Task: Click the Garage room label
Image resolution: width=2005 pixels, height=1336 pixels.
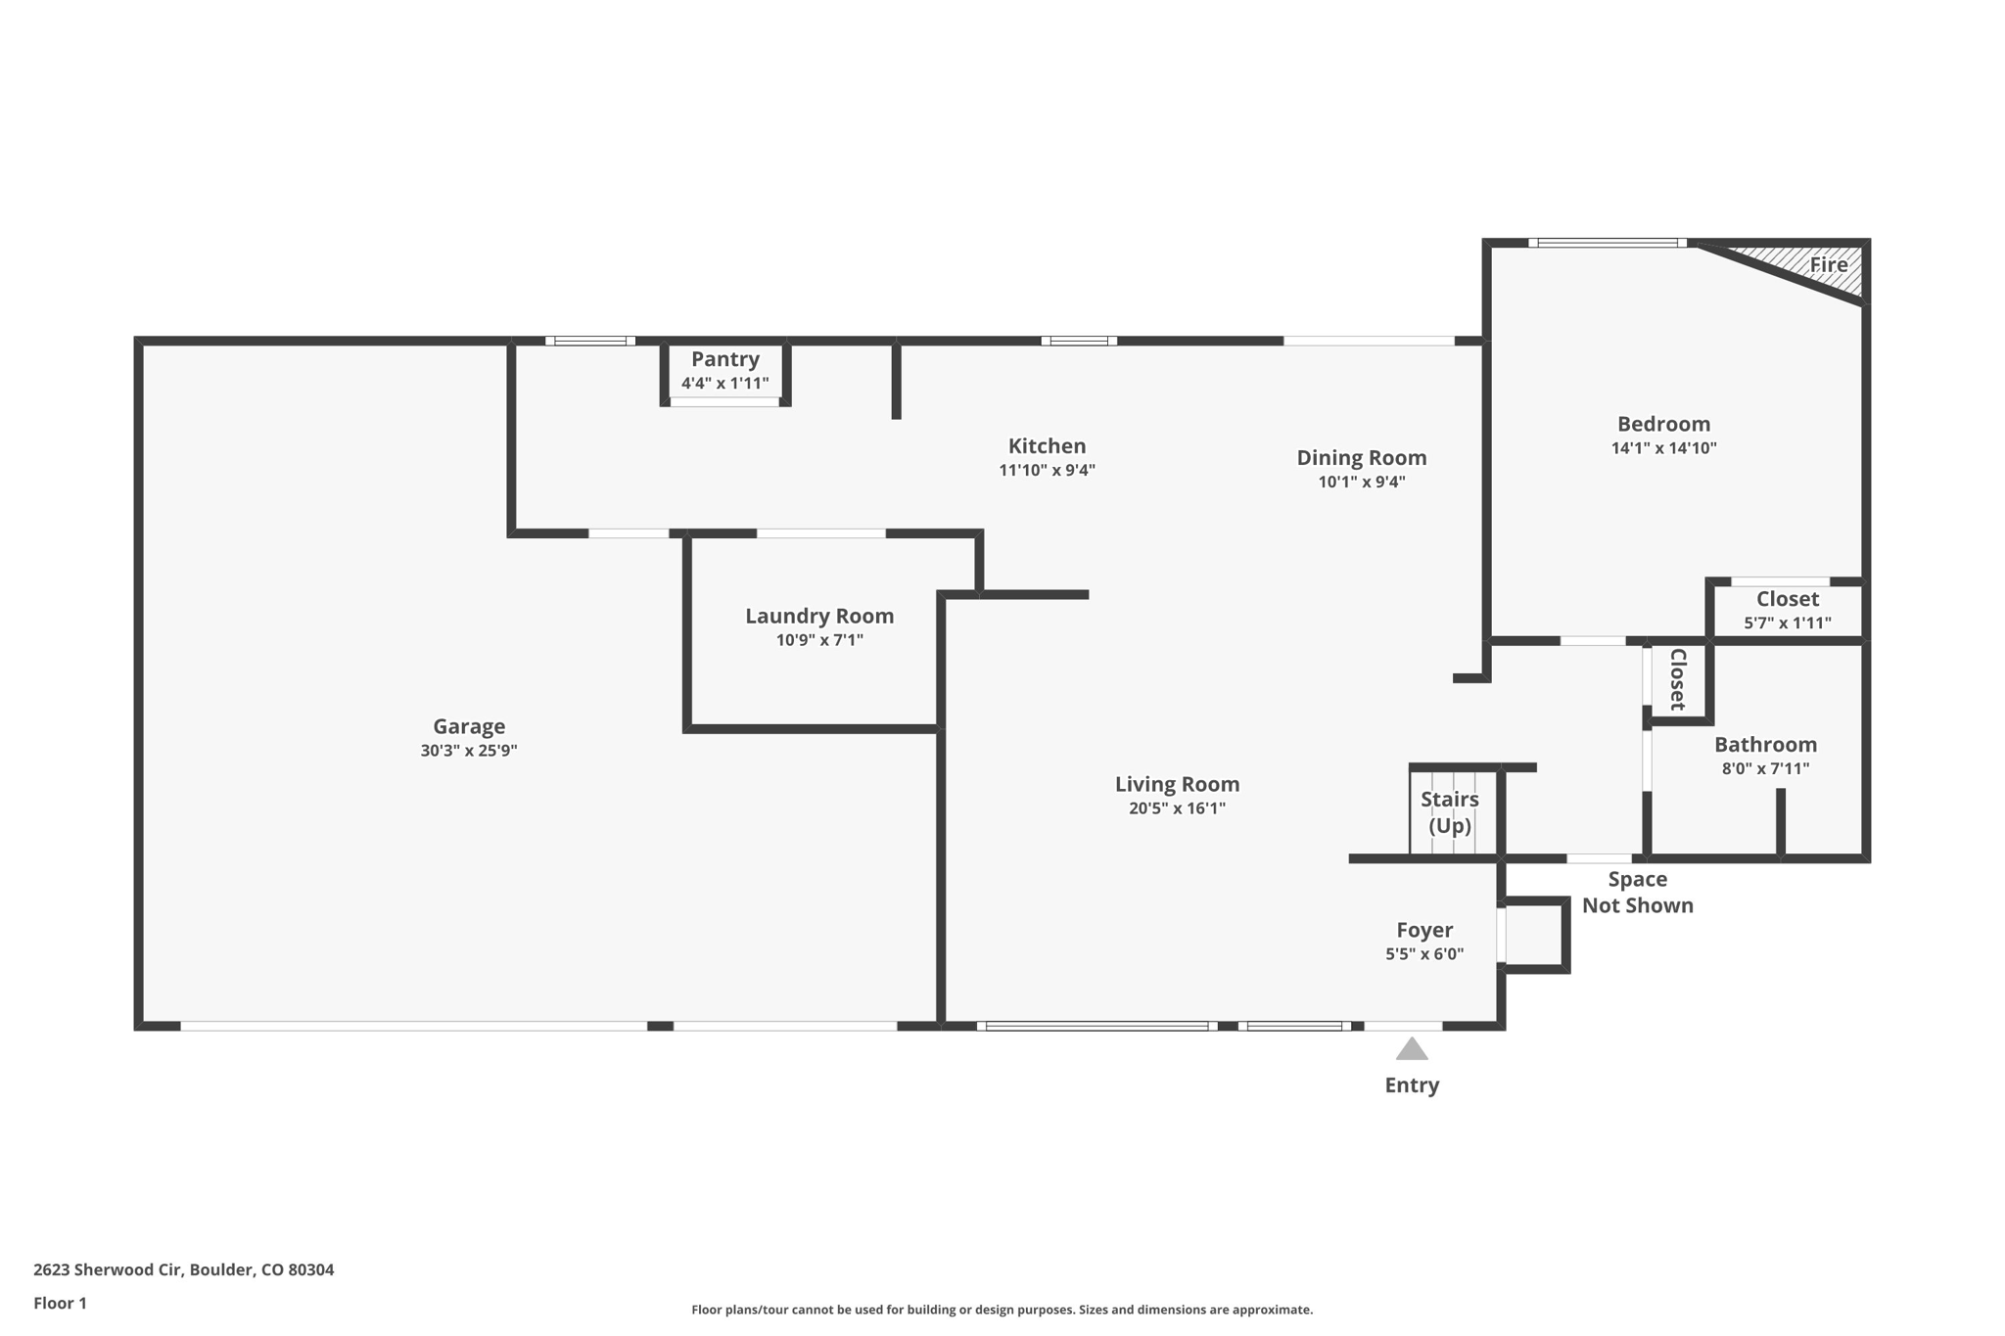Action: [469, 726]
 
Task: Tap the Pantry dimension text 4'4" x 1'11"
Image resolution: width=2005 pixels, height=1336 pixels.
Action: [724, 384]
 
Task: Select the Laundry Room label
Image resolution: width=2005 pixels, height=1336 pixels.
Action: [819, 616]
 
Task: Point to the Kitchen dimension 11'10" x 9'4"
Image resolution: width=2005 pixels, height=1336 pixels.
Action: [1047, 470]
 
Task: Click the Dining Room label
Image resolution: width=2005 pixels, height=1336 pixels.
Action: [1361, 457]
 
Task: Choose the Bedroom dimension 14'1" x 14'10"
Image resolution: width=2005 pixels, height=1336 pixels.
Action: [1663, 448]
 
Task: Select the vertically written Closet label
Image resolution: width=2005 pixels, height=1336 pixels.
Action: [1677, 679]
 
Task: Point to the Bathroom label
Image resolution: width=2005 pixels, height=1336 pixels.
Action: [1765, 744]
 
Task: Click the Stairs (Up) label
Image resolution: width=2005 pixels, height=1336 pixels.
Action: [1450, 811]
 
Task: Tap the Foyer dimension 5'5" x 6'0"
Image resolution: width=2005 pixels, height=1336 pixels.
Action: [1423, 954]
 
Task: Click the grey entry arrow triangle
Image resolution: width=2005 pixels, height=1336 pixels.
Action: [1411, 1050]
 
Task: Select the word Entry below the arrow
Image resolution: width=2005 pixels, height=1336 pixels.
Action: [1411, 1084]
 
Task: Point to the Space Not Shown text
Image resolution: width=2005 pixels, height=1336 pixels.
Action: [1637, 892]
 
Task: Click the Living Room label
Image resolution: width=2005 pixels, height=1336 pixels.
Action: [1177, 784]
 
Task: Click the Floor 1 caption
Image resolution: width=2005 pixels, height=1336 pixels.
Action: [60, 1303]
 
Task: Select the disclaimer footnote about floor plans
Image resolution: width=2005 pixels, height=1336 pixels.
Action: [1002, 1310]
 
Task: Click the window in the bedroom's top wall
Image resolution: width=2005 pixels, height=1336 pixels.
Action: [1607, 243]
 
